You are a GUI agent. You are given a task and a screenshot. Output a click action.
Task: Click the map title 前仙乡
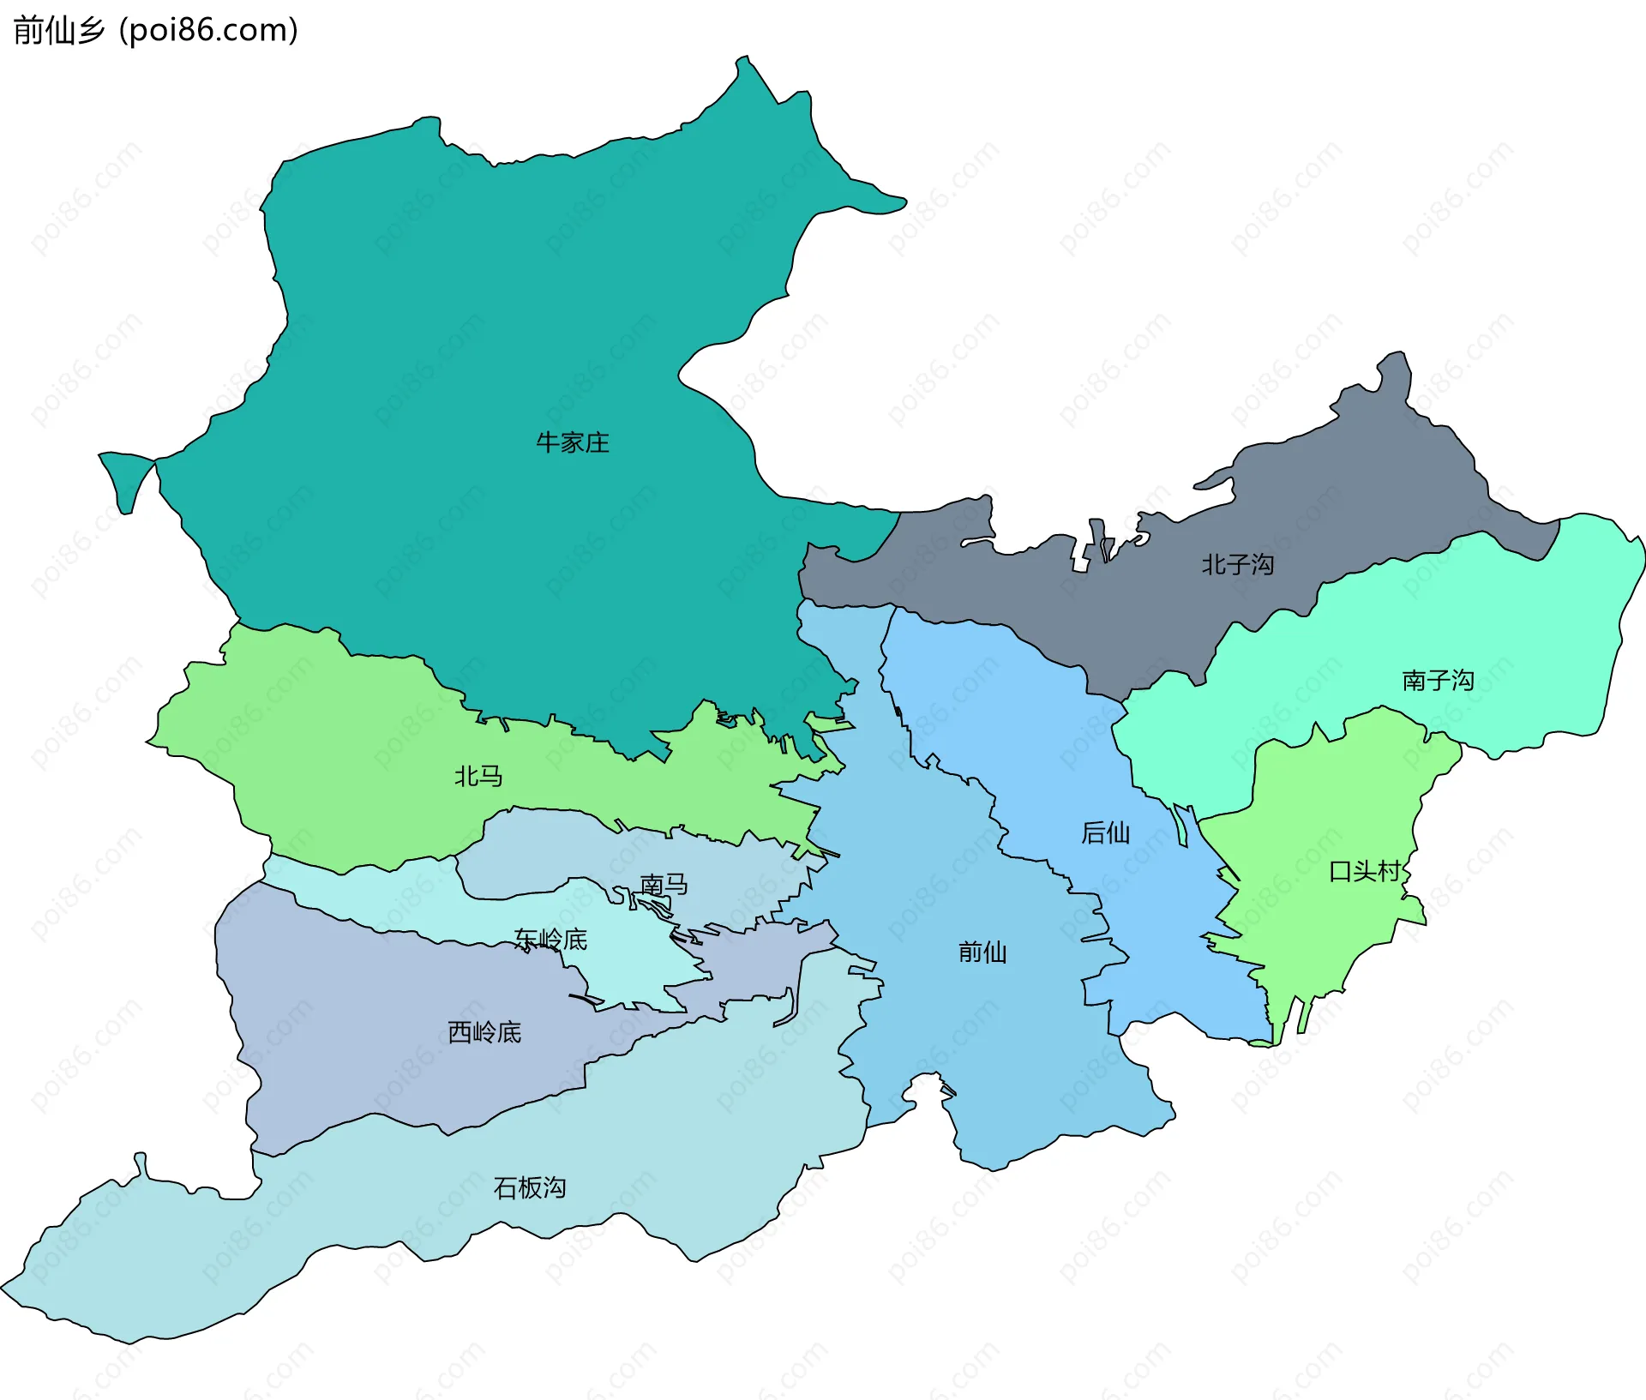[x=58, y=31]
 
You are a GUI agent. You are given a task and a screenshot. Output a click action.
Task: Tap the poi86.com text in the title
[x=208, y=31]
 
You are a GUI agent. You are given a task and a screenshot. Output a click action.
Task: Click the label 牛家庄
[x=572, y=442]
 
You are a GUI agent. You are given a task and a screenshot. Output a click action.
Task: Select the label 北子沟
[x=1237, y=564]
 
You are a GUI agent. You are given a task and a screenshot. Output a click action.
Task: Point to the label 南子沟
[x=1438, y=681]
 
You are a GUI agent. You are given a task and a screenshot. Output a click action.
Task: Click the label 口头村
[x=1364, y=872]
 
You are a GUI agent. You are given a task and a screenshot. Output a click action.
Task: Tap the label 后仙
[x=1105, y=832]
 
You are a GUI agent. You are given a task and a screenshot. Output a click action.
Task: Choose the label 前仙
[x=982, y=952]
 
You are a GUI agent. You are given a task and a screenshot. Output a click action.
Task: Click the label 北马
[x=478, y=776]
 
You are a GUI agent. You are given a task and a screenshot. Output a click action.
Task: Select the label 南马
[x=664, y=884]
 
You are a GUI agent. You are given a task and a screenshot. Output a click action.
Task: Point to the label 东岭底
[x=550, y=940]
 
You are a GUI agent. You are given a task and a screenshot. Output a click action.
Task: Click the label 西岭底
[x=484, y=1032]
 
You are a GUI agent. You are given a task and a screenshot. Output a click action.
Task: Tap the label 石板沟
[x=530, y=1187]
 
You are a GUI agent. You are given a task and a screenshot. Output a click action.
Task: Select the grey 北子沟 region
[x=1337, y=480]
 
